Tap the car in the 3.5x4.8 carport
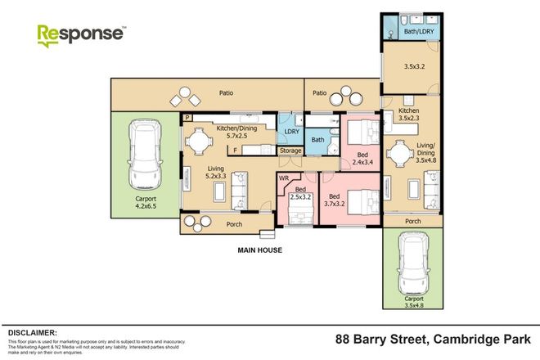pos(413,266)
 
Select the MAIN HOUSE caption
pos(259,250)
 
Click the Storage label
pos(290,151)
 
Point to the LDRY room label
pos(290,132)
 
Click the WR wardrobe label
pos(284,177)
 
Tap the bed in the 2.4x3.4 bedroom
pos(362,133)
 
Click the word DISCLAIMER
pos(32,334)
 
